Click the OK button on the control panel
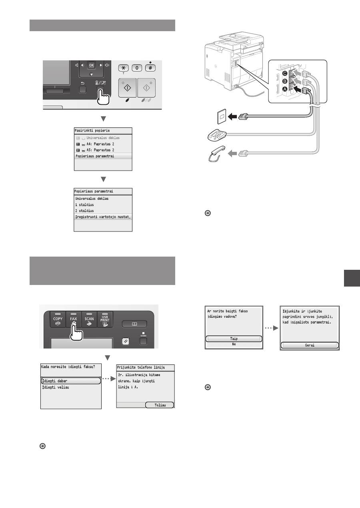(91, 65)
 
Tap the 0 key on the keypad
(137, 68)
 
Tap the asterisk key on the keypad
(124, 68)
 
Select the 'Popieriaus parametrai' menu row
(103, 156)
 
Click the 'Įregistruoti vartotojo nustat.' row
(103, 217)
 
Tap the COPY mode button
(58, 319)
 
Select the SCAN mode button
(89, 319)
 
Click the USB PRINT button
(105, 319)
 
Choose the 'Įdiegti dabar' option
(71, 381)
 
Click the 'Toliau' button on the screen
(160, 405)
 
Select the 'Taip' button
(234, 339)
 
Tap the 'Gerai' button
(310, 345)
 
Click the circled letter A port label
(285, 90)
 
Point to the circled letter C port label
(285, 73)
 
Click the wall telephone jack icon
(222, 117)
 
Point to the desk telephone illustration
(217, 135)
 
